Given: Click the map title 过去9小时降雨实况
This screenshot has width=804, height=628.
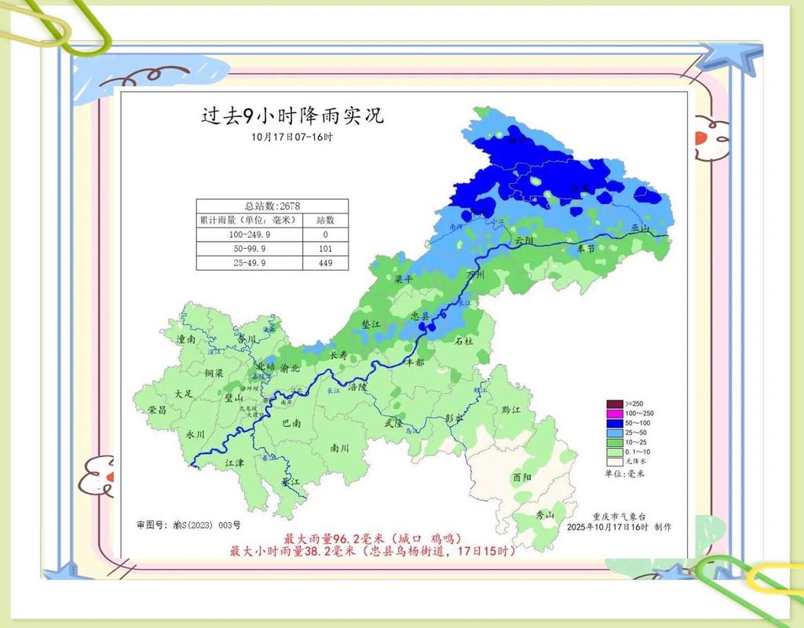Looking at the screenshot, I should (292, 116).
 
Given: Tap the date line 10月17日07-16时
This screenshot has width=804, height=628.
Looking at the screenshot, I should (292, 137).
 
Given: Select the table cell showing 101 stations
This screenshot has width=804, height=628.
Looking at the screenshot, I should (325, 249).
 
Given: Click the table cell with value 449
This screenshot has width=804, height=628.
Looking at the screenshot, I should (325, 263).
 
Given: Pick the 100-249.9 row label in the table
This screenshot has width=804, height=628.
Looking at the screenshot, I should (249, 235).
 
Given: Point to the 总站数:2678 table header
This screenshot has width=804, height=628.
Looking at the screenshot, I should (272, 206).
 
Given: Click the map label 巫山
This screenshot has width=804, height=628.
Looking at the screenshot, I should (641, 228).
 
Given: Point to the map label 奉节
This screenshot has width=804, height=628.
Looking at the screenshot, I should (587, 247).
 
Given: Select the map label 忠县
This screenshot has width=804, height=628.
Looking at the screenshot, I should (420, 315).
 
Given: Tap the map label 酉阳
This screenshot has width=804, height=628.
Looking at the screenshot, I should (521, 476).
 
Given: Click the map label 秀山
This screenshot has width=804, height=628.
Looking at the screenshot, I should (544, 515).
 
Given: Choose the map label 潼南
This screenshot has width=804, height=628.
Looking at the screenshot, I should (186, 339).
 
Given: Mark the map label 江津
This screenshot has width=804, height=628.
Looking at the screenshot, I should (234, 463).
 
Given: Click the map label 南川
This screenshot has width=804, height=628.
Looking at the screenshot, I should (339, 448).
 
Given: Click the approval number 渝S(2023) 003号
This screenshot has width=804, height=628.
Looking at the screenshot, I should (188, 524).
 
